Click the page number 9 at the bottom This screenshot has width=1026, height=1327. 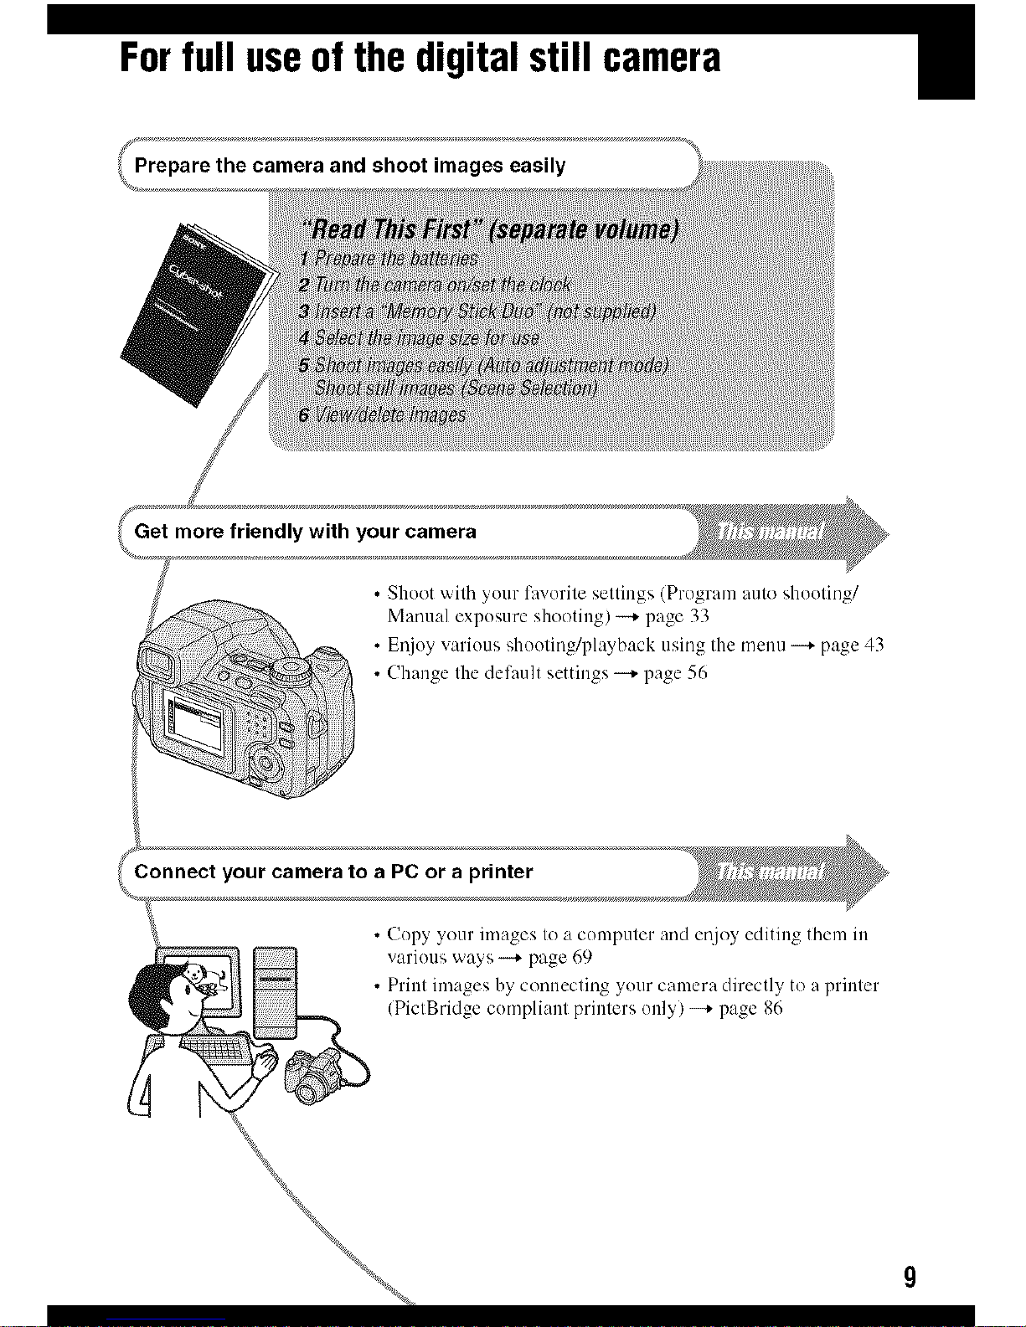(910, 1278)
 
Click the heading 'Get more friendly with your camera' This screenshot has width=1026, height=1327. (305, 532)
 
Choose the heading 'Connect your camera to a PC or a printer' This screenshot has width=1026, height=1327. (333, 872)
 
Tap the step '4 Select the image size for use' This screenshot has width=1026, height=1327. (419, 338)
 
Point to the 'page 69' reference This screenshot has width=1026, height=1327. (560, 957)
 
